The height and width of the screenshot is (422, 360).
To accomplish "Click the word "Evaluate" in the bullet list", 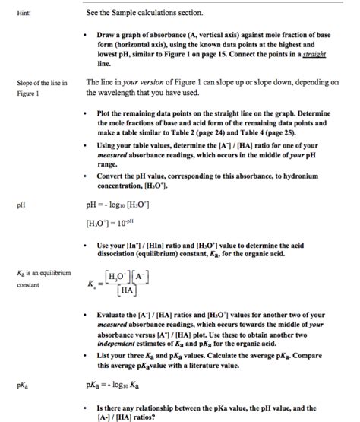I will tap(114, 314).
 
